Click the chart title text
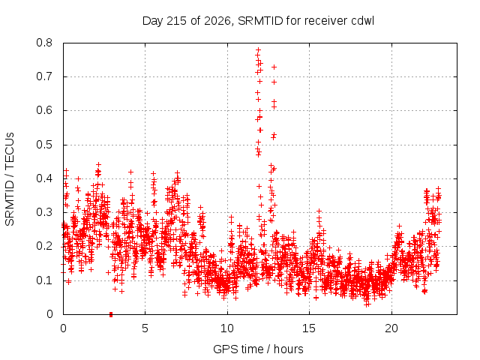258,21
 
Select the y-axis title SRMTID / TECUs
10,179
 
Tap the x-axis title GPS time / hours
258,349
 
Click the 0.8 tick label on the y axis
44,43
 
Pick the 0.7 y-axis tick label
44,76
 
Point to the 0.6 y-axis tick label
44,110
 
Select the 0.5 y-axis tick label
44,145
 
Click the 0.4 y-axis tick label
44,178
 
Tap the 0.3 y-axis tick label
44,212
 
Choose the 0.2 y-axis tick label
44,246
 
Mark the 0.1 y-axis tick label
44,280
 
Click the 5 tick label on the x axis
145,328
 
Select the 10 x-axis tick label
227,328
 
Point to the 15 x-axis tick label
309,328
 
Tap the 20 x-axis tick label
391,328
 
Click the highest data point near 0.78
258,49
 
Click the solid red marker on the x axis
111,314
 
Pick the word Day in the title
152,21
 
